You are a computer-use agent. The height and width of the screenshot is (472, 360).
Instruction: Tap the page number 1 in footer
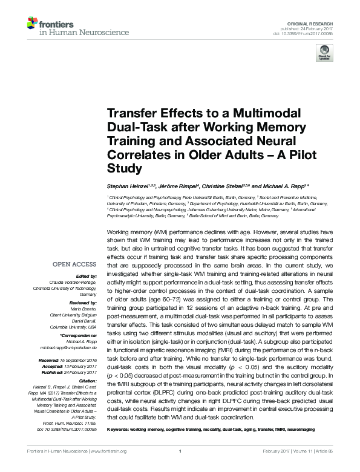tap(180, 468)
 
